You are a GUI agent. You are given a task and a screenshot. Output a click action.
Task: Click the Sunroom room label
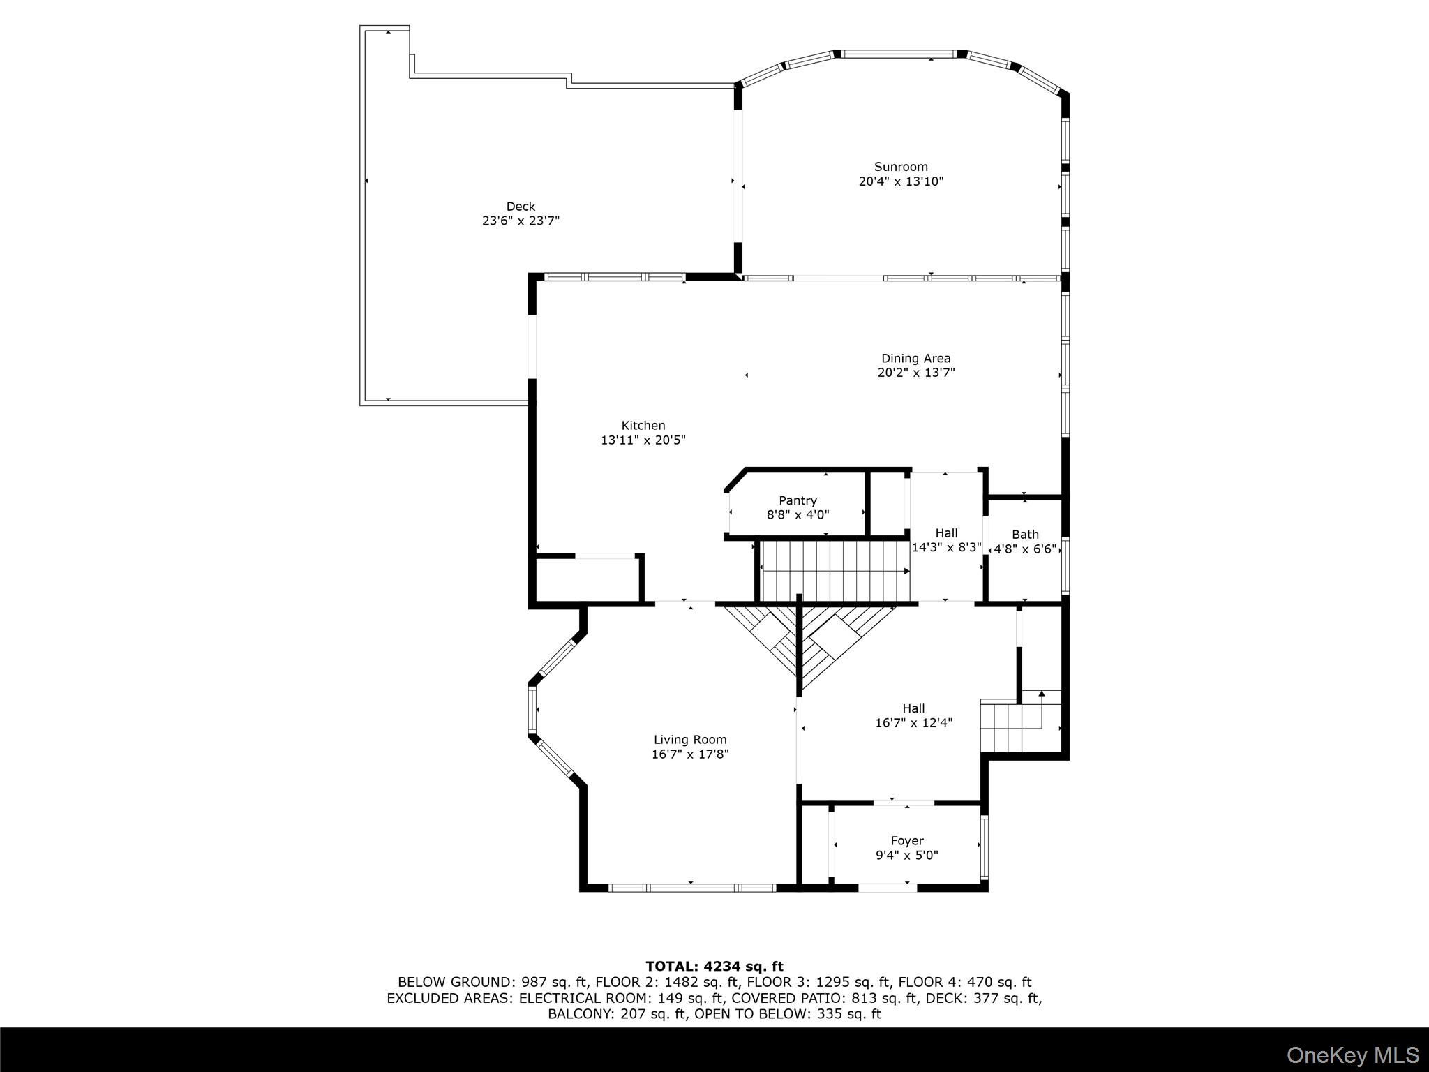(x=901, y=167)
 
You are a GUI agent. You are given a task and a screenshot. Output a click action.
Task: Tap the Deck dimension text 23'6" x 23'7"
(x=521, y=221)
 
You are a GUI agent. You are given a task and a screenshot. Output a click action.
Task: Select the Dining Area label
(x=915, y=358)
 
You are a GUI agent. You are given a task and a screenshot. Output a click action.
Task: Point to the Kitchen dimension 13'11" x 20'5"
(x=643, y=440)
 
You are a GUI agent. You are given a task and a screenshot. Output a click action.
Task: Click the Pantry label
(x=798, y=500)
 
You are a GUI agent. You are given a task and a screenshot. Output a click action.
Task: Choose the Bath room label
(x=1025, y=535)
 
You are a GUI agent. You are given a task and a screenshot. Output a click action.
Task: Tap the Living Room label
(x=690, y=740)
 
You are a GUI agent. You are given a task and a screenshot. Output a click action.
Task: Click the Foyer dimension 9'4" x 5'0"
(x=906, y=856)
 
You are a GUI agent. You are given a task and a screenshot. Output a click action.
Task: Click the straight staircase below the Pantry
(x=834, y=570)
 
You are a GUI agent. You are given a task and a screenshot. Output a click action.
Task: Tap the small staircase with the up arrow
(x=1019, y=722)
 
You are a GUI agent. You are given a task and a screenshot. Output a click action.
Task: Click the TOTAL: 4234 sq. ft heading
(x=714, y=967)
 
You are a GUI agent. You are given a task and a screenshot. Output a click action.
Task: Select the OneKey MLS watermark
(x=1352, y=1055)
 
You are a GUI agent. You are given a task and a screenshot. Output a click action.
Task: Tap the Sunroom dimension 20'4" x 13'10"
(x=901, y=181)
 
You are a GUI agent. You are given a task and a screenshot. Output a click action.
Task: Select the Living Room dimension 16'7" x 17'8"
(x=690, y=754)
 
